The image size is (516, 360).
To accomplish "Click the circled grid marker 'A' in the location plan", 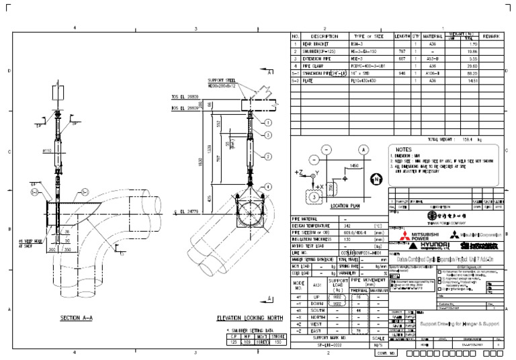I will tap(363, 149).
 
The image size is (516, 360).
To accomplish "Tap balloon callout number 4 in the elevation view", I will tap(267, 186).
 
